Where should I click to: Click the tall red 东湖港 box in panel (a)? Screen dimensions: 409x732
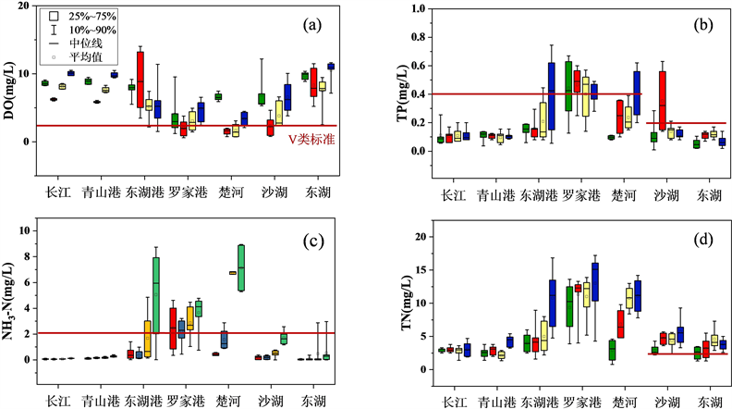(140, 79)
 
